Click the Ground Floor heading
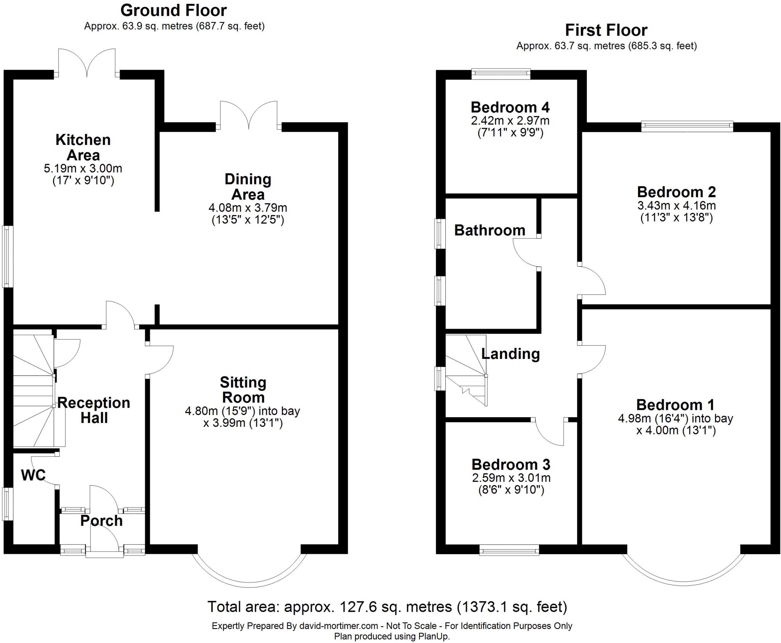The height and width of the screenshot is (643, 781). (x=174, y=11)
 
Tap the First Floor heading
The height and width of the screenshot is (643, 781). (x=606, y=30)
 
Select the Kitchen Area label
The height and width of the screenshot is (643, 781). (x=83, y=147)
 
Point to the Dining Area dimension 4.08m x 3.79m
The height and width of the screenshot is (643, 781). (x=248, y=208)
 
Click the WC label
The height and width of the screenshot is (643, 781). (x=33, y=475)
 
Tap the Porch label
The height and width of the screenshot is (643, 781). (x=101, y=521)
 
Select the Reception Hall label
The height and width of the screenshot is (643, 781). (x=94, y=410)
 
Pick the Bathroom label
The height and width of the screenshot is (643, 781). (x=490, y=230)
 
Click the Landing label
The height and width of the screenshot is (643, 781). (x=511, y=354)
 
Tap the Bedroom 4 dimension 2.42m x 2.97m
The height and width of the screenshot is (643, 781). (x=510, y=121)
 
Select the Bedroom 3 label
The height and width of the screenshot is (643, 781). (x=511, y=465)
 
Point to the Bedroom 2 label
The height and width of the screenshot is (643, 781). (x=677, y=191)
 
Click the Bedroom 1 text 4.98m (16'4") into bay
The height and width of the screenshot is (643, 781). (x=675, y=418)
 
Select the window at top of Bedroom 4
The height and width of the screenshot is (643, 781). (x=501, y=74)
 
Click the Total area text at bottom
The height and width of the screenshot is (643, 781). (x=387, y=606)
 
